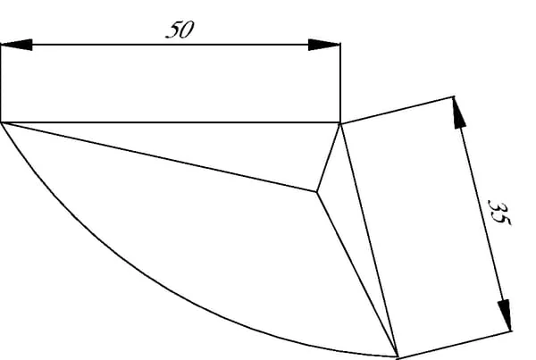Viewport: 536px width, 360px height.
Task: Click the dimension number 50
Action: [x=180, y=29]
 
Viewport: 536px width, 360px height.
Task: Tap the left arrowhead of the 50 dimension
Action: [x=17, y=45]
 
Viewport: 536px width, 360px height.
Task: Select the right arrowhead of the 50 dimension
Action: [x=324, y=45]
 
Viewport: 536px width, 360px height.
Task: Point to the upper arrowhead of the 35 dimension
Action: [x=459, y=113]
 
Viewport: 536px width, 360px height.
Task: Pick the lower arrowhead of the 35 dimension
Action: [x=505, y=314]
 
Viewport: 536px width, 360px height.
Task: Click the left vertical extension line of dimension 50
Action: [x=1, y=83]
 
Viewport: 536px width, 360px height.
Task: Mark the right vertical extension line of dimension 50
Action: [x=340, y=83]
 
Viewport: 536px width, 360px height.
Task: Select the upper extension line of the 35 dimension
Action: [x=398, y=110]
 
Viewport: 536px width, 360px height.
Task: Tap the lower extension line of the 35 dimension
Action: [x=455, y=344]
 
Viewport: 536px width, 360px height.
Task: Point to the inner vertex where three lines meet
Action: [x=317, y=192]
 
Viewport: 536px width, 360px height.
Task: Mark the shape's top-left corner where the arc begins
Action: [x=2, y=122]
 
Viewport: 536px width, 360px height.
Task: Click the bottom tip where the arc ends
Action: [x=398, y=357]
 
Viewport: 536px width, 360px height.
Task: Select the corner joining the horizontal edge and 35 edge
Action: [x=340, y=123]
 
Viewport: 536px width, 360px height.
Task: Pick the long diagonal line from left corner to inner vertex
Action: [x=159, y=157]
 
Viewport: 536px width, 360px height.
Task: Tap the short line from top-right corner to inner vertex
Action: [x=329, y=157]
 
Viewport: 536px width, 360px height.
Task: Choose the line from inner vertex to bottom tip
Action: [x=357, y=274]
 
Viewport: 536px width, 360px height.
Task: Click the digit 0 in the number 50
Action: [x=187, y=29]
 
